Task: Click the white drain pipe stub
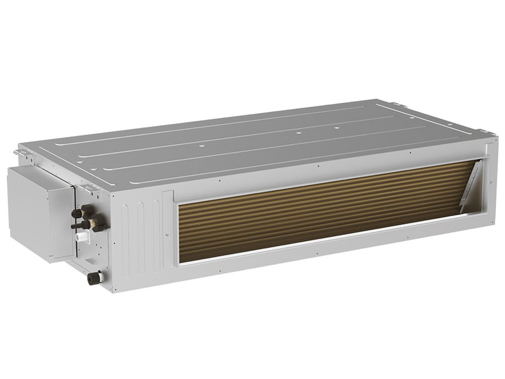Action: [81, 237]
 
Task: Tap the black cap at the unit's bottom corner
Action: [93, 278]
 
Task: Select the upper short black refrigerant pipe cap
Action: [77, 213]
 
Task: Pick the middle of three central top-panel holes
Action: [298, 133]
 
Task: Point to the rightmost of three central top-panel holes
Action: [336, 126]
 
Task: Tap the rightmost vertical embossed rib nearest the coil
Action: [156, 235]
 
